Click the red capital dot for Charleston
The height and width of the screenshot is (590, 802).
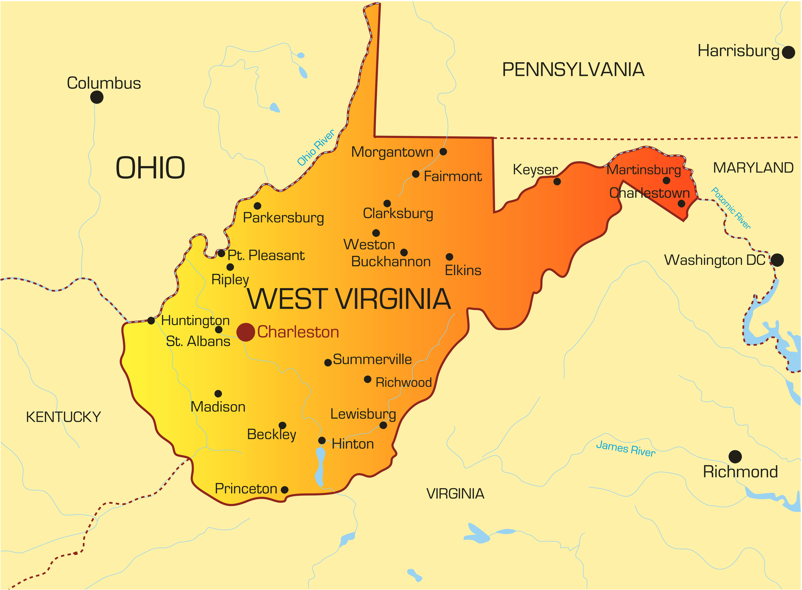tap(246, 332)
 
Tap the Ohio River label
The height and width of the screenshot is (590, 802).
tap(316, 147)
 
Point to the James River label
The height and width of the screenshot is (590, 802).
tap(625, 448)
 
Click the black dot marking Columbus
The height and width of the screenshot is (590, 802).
tap(96, 97)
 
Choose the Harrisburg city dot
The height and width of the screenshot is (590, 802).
tap(788, 53)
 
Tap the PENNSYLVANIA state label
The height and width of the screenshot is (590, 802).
tap(573, 70)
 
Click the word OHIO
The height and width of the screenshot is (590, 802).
tap(150, 168)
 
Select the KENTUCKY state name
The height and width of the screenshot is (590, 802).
tap(63, 417)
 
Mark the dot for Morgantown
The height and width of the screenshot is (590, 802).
tap(443, 152)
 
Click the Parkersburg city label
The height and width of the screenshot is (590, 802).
tap(283, 218)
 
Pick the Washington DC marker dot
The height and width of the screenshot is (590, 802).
tap(777, 260)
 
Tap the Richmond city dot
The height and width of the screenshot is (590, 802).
tap(735, 456)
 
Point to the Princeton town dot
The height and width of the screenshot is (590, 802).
tap(284, 490)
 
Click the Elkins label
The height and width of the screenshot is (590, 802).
tap(463, 271)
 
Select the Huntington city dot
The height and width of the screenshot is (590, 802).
tap(151, 321)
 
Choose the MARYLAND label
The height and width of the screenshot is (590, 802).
tap(753, 168)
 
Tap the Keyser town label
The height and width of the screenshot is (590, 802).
tap(535, 170)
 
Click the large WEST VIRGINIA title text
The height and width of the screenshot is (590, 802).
tap(349, 299)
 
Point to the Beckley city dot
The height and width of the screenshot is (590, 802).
tap(282, 425)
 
